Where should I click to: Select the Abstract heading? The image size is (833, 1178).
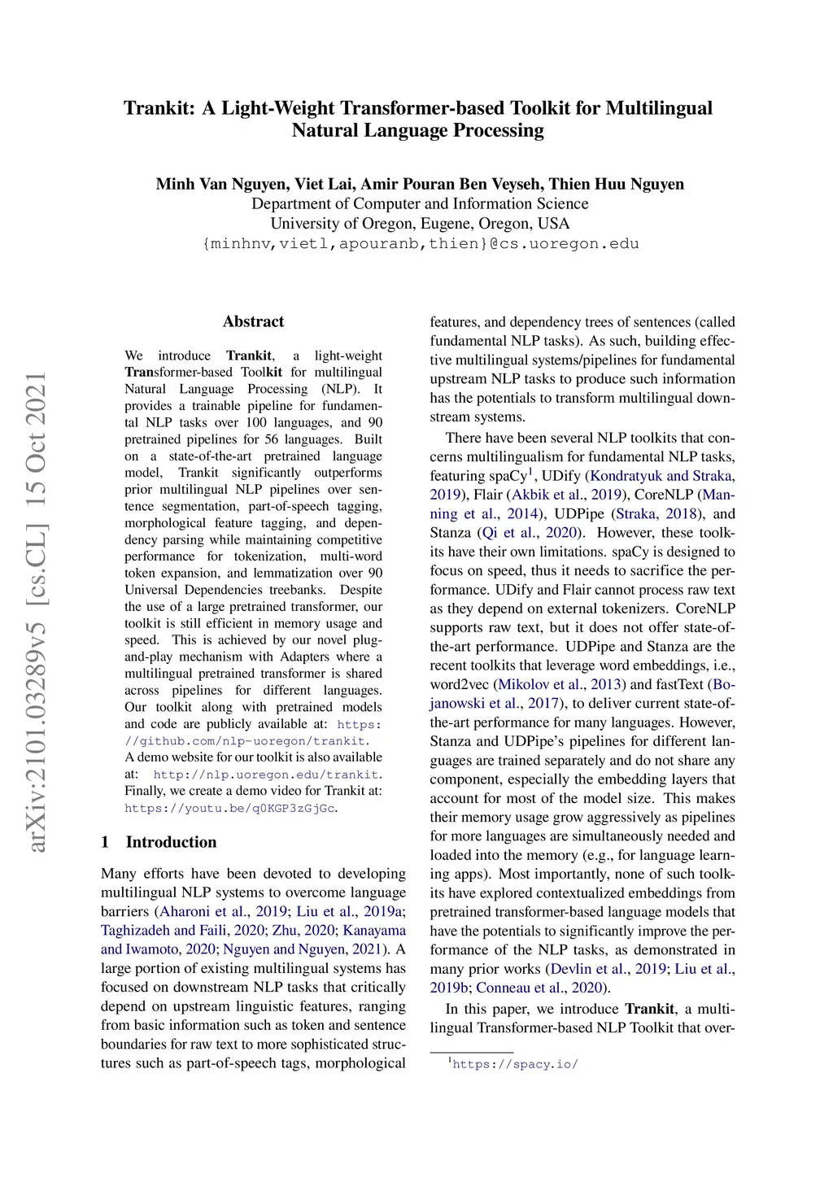[x=253, y=321]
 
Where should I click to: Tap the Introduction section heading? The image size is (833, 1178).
[x=171, y=842]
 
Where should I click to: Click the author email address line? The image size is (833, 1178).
[x=420, y=243]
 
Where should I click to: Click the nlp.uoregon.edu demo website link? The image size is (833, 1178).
[x=266, y=774]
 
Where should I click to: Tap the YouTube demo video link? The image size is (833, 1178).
[x=229, y=808]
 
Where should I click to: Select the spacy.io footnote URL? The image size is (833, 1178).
[x=515, y=1064]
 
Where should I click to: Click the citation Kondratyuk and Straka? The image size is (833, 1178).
[x=661, y=476]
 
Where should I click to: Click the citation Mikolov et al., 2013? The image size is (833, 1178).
[x=560, y=684]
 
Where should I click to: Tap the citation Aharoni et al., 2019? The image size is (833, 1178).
[x=224, y=911]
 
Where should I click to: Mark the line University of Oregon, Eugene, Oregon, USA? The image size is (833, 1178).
[x=420, y=224]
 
